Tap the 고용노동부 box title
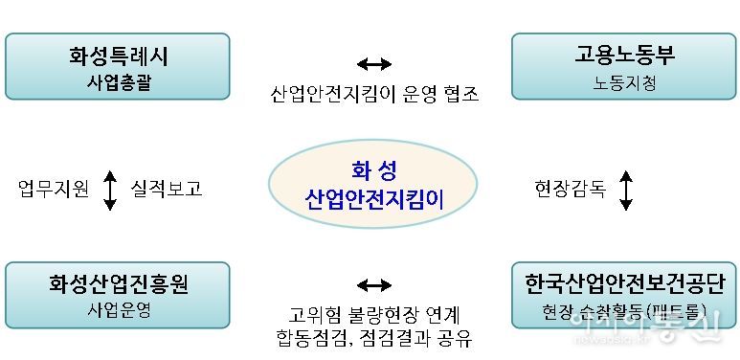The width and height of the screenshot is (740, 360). pos(624,56)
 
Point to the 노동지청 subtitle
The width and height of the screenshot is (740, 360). pos(624,83)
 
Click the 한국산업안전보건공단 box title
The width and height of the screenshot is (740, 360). pos(624,284)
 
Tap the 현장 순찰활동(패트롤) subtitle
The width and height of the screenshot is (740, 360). pos(624,312)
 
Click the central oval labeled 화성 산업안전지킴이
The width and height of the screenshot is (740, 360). pos(373,187)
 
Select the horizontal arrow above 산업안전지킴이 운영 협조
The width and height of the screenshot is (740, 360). pos(373,64)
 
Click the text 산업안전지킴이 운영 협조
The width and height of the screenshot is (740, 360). pos(373,94)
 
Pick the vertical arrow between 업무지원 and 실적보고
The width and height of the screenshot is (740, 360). pos(110,190)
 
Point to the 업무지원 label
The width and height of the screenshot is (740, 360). pos(54,189)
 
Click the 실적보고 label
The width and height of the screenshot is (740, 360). pos(166,189)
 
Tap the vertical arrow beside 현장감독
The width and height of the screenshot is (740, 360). pos(626,190)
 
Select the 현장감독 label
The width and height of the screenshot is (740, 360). pos(570,189)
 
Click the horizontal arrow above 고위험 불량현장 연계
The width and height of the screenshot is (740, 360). pos(373,284)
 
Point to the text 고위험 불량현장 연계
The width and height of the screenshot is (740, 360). pos(373,314)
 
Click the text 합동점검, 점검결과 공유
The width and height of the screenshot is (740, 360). pos(373,338)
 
